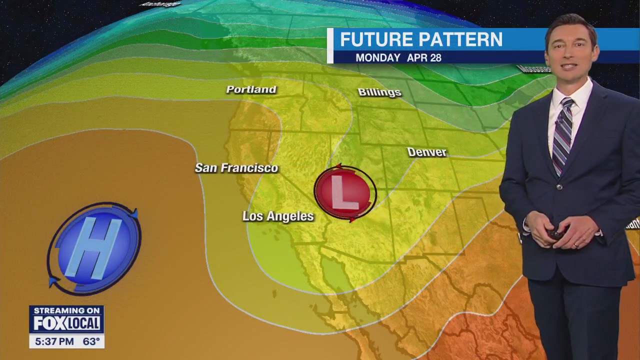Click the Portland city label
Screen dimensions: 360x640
(x=251, y=89)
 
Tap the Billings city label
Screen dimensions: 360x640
(x=379, y=92)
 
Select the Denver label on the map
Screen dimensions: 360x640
(x=426, y=152)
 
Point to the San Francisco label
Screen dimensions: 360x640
(x=236, y=168)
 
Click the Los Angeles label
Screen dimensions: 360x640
(x=278, y=216)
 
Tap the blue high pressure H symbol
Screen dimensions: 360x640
(x=94, y=248)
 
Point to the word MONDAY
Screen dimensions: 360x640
(x=378, y=58)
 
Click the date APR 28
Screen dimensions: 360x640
(x=424, y=58)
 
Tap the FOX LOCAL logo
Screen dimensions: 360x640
(x=66, y=323)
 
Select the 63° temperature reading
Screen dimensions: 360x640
(x=91, y=342)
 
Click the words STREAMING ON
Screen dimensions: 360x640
(x=66, y=310)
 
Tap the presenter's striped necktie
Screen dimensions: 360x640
(x=563, y=135)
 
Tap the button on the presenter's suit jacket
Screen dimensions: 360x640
(x=559, y=187)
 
